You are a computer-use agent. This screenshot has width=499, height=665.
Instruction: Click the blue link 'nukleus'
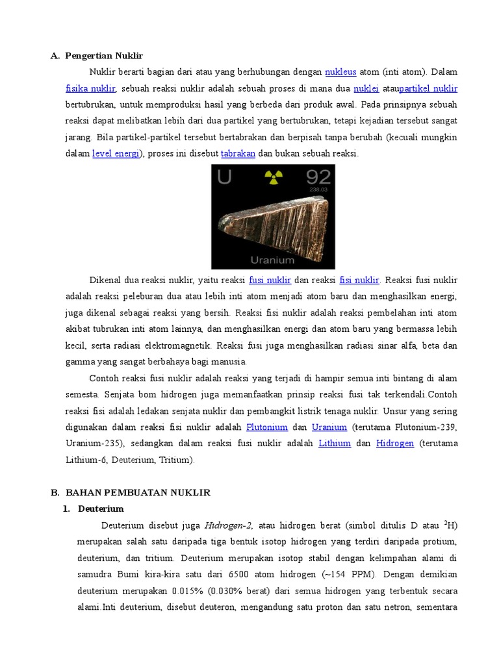(340, 72)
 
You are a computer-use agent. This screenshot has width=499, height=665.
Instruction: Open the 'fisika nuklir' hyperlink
(90, 88)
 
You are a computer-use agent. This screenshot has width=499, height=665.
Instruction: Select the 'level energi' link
(116, 154)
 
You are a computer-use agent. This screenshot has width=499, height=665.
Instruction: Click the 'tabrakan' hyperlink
(238, 154)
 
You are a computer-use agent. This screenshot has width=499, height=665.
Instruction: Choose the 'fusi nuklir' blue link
(270, 281)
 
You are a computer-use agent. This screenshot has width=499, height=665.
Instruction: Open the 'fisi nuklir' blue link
(359, 281)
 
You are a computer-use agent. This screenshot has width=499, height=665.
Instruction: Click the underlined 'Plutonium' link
(267, 427)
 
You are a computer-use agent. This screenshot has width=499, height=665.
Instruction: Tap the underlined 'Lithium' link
(335, 444)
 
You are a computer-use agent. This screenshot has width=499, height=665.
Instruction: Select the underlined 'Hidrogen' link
(395, 444)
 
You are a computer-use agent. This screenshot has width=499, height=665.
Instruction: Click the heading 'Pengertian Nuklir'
(104, 56)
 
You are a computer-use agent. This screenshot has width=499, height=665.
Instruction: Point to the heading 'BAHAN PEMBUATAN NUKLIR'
(138, 493)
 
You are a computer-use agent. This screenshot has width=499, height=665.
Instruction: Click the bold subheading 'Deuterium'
(101, 508)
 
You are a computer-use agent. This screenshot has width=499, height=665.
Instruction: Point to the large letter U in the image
(224, 177)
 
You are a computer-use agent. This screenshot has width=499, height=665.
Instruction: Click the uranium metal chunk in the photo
(273, 221)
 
